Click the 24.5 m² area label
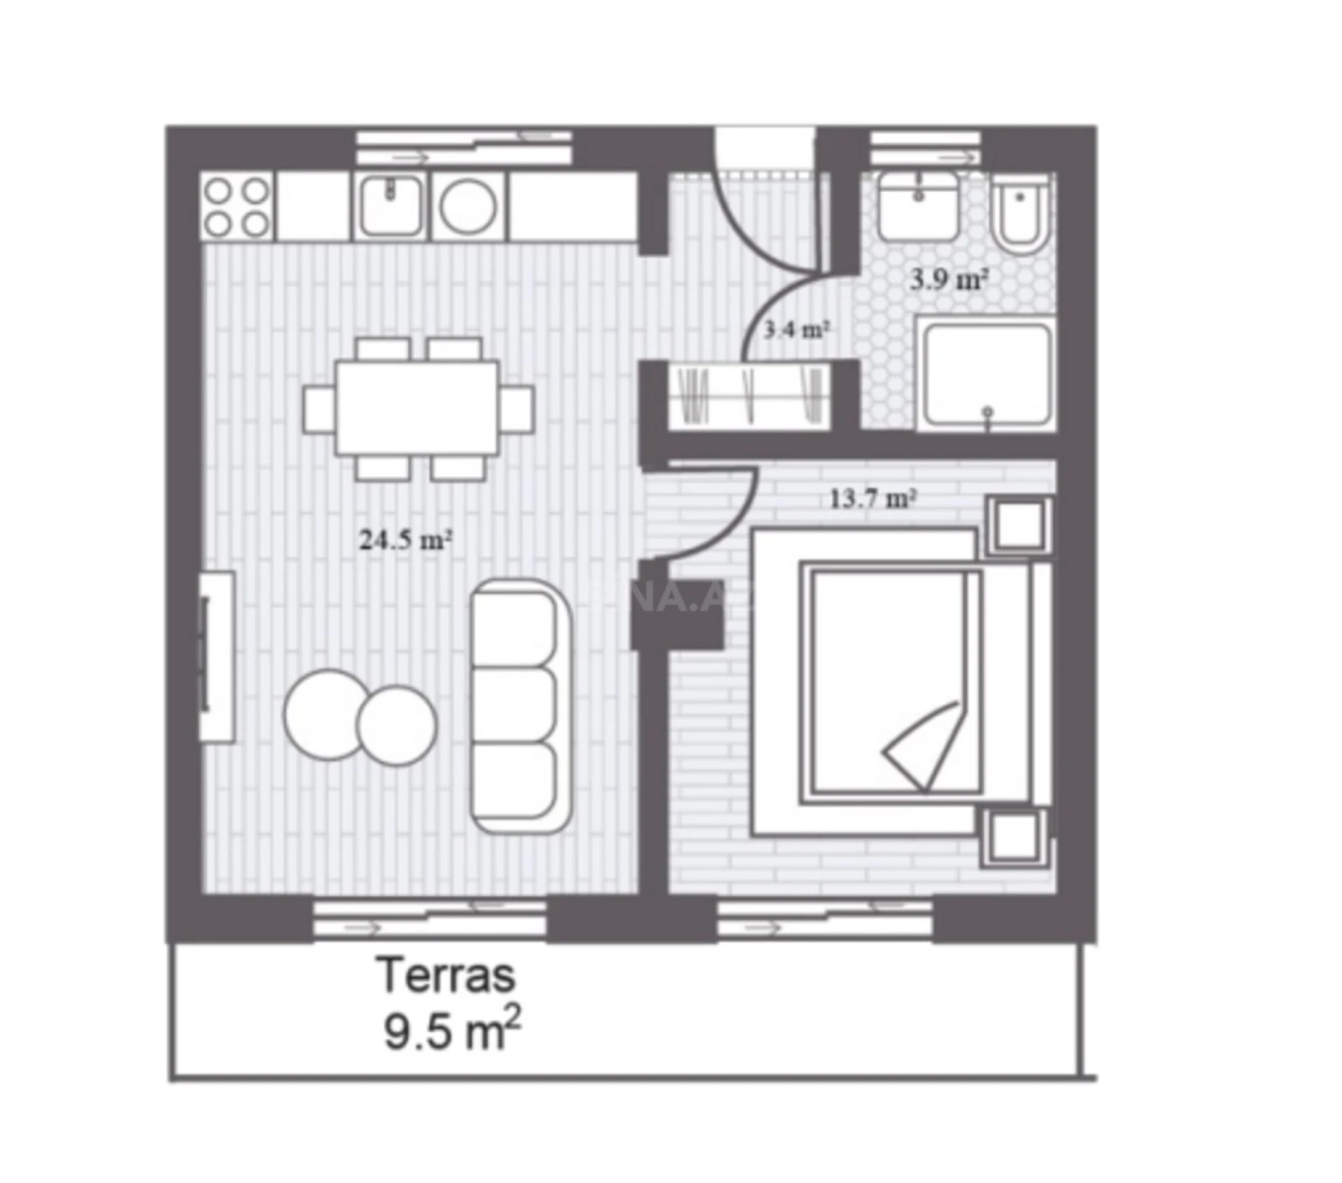point(405,540)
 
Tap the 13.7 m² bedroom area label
point(872,499)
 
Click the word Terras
point(446,976)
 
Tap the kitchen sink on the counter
point(391,206)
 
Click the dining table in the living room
point(417,407)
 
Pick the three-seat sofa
point(521,706)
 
